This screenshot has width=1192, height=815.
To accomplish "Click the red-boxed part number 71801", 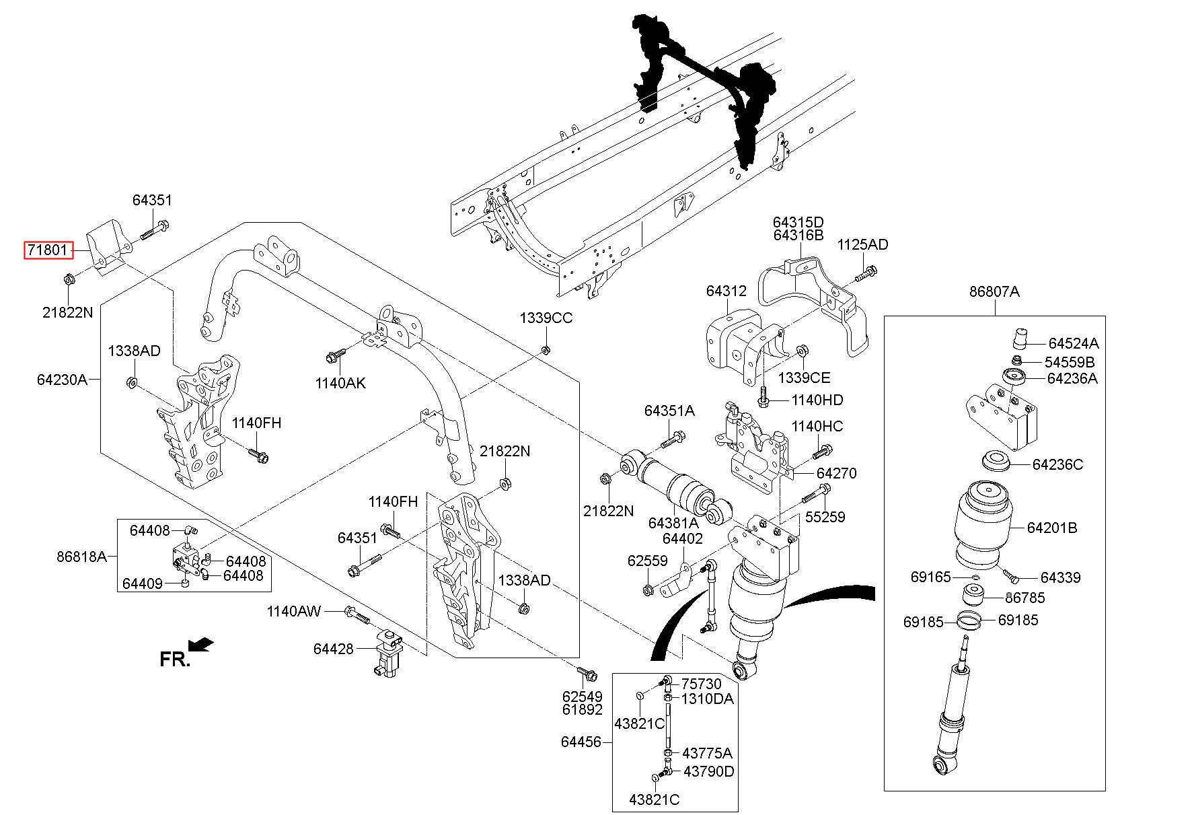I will (47, 251).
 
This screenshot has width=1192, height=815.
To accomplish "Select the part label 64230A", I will (62, 380).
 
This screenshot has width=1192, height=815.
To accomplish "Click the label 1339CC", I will (546, 318).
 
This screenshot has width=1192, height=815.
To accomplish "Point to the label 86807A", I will (994, 291).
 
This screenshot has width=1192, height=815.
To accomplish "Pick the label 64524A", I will (1073, 343).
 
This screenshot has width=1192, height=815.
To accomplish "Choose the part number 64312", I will (726, 291).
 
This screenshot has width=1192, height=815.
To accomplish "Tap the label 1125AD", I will (862, 245).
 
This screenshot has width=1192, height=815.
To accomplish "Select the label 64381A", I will (673, 523).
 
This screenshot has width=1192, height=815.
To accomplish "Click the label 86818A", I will (81, 557).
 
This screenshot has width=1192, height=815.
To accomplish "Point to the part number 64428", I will (333, 649).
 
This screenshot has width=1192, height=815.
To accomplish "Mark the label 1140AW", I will (294, 612).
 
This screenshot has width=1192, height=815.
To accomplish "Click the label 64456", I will (581, 742).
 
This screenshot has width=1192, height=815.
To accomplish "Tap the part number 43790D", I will (708, 771).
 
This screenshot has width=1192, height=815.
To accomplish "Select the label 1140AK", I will (340, 383).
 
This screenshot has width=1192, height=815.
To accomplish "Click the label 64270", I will (837, 473).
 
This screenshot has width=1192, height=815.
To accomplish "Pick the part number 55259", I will (825, 517).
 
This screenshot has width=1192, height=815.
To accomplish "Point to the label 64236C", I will (1057, 464).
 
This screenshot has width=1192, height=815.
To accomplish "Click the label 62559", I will (647, 561).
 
